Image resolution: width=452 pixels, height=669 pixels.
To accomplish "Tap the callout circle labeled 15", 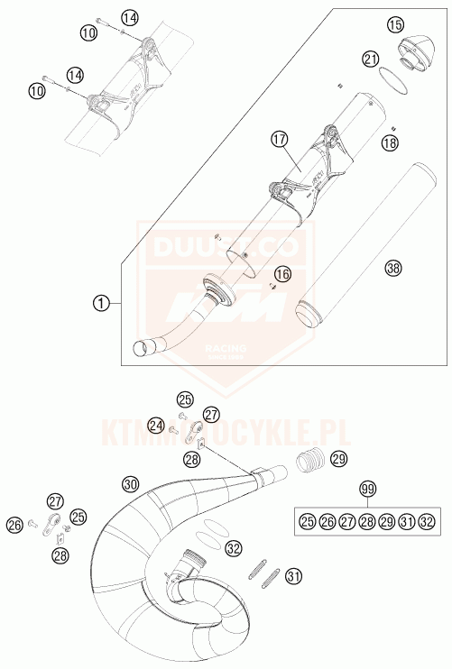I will [394, 25].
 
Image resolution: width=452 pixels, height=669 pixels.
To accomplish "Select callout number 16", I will [283, 273].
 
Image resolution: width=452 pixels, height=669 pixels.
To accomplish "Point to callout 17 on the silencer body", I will [278, 140].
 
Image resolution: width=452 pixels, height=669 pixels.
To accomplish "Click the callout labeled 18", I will [389, 142].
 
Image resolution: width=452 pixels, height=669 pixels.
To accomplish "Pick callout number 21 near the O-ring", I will [370, 59].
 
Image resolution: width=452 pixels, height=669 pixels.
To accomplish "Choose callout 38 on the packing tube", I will [392, 267].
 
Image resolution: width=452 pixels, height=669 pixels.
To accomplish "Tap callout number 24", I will [156, 425].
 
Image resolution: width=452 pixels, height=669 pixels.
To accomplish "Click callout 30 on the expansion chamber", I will [131, 485].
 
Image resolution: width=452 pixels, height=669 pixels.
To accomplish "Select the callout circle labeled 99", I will [366, 489].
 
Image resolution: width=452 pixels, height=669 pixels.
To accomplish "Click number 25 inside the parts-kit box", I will [306, 521].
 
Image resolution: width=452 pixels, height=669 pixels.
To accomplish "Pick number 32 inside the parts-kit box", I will [427, 521].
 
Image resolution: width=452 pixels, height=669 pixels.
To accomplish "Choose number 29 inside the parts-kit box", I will [386, 521].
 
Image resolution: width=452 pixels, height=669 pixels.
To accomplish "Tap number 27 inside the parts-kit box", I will [346, 521].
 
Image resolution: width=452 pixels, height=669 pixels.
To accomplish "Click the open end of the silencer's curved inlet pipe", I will [141, 347].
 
